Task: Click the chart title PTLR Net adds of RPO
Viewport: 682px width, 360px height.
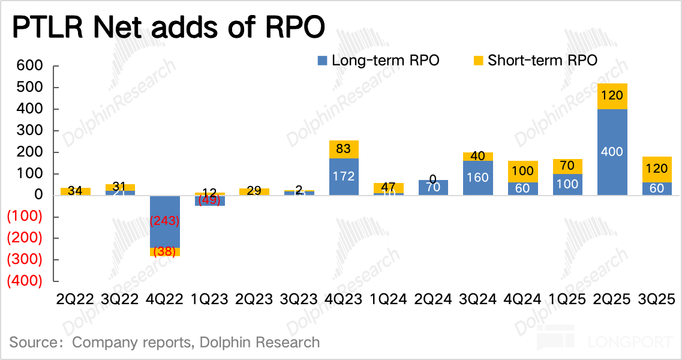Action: point(169,28)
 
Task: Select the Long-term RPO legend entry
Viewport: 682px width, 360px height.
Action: point(378,60)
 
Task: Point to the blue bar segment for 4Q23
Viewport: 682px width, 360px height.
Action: point(344,176)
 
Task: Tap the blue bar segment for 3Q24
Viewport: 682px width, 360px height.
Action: point(478,178)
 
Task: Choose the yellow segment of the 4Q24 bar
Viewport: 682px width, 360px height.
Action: point(522,171)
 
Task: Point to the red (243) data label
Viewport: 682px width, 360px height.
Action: point(165,221)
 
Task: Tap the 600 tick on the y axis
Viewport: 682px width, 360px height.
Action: point(30,66)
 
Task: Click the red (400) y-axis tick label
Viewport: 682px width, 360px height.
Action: point(24,281)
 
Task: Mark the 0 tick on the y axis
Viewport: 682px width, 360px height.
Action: point(38,195)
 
